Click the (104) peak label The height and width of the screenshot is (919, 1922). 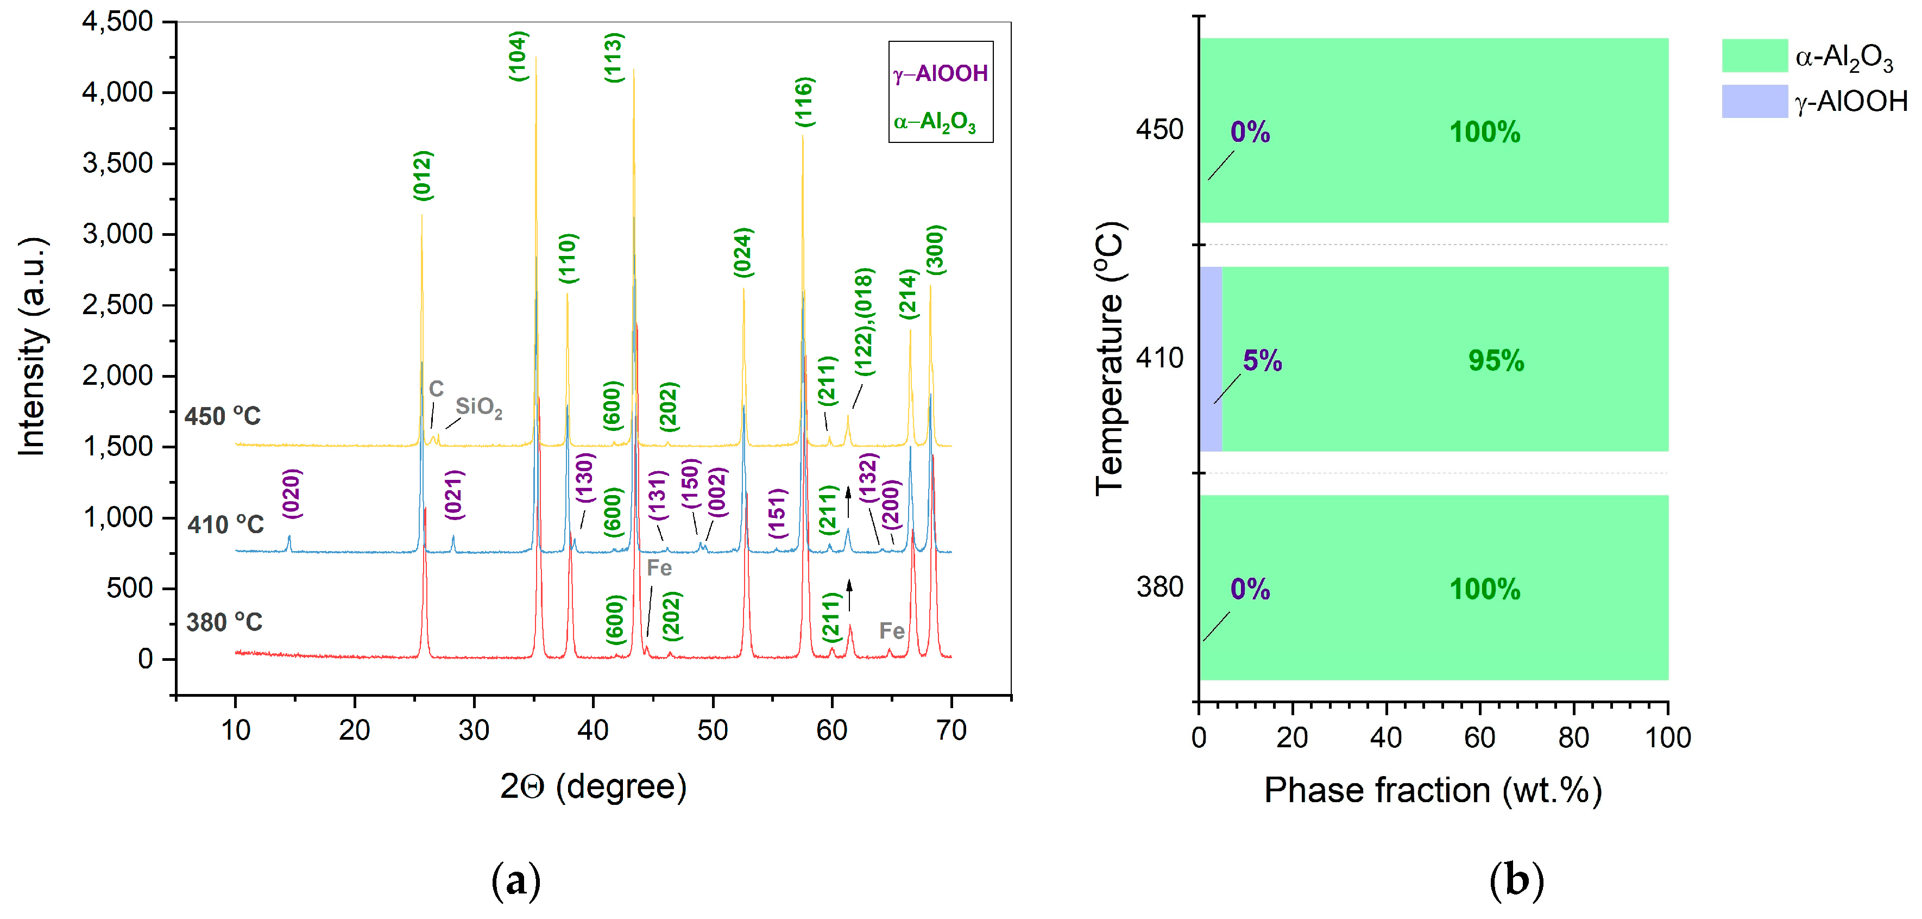click(x=518, y=56)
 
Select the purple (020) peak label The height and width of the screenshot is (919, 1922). click(x=292, y=493)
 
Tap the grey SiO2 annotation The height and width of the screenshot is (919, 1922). click(x=478, y=407)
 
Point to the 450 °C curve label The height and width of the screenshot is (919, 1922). click(x=222, y=416)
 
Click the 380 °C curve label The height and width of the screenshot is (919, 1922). click(x=224, y=622)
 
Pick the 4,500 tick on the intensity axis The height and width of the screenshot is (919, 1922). click(x=117, y=22)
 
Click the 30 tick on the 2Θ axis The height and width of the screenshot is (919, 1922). click(x=474, y=730)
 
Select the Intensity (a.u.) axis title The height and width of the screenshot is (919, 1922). click(x=32, y=347)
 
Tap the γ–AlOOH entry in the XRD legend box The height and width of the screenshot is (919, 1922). click(x=940, y=73)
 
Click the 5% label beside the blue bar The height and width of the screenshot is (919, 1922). click(x=1262, y=360)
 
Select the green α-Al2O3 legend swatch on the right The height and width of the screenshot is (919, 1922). click(x=1754, y=56)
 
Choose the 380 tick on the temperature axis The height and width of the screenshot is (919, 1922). click(x=1159, y=587)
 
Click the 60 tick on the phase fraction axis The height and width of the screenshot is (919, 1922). click(x=1479, y=737)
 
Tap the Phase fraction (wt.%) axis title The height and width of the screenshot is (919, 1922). click(x=1433, y=790)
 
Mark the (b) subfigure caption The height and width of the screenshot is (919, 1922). click(x=1516, y=880)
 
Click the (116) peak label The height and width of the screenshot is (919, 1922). click(x=804, y=102)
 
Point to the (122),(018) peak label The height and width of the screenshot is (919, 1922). click(x=864, y=321)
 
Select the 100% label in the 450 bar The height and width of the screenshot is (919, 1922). click(x=1484, y=132)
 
